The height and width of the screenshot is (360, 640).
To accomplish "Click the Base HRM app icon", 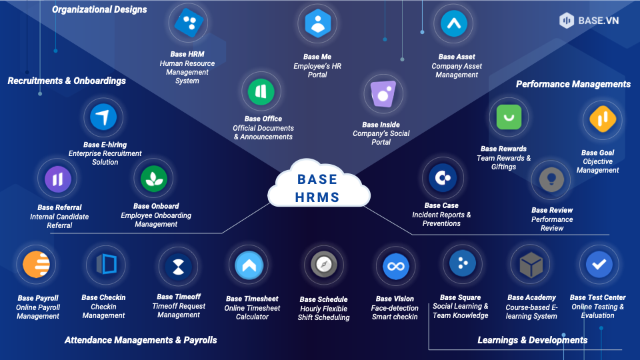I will tap(187, 24).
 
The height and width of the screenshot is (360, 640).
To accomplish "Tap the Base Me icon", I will tap(317, 25).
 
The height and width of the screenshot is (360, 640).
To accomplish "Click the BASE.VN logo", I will tap(589, 21).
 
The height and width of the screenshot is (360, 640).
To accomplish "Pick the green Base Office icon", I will tap(261, 92).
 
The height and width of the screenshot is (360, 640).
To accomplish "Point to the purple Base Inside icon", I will tap(381, 95).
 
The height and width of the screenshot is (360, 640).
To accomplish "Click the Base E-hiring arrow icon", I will tap(103, 118).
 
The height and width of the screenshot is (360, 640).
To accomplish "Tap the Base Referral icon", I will tap(57, 179).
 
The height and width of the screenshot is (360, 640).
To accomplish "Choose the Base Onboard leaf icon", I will tap(154, 179).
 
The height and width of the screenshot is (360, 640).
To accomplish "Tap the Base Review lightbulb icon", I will tap(551, 179).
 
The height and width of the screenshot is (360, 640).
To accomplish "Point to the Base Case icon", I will tap(441, 178).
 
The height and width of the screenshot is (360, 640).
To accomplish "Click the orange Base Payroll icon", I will tap(37, 265).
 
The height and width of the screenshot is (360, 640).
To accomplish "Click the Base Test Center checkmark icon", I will tap(598, 265).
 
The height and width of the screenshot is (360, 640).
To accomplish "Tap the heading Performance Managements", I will tap(573, 84).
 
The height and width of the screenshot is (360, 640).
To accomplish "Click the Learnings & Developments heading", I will tap(532, 340).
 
